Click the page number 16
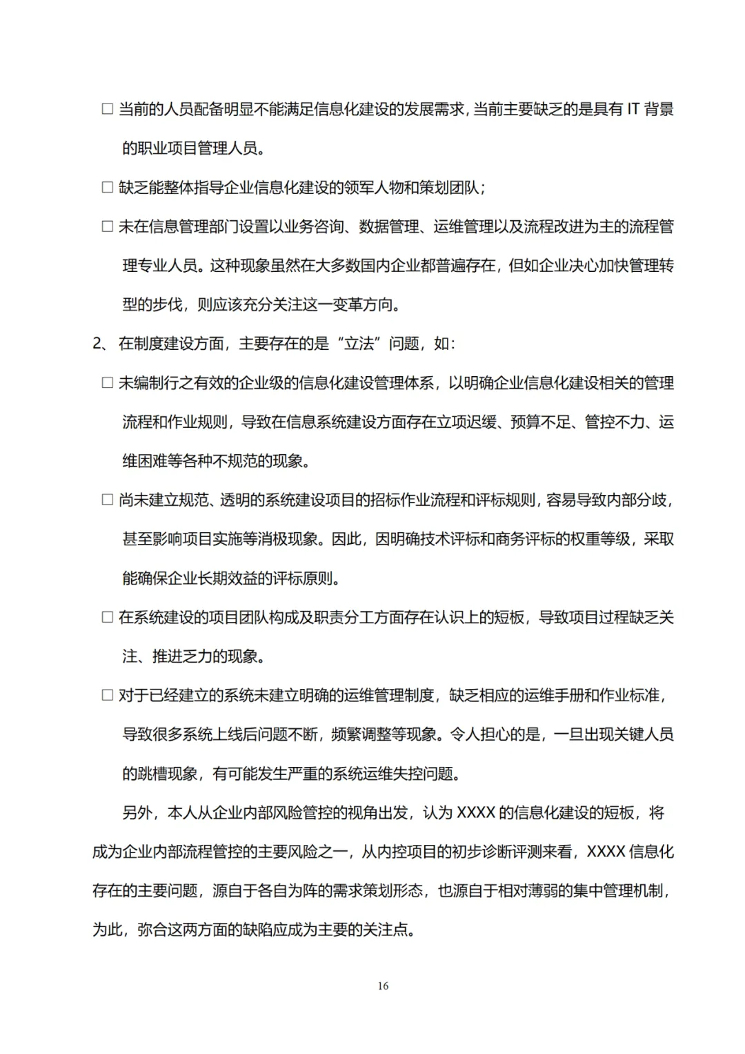click(x=383, y=986)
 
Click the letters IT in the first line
click(x=633, y=109)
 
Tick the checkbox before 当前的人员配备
click(x=108, y=109)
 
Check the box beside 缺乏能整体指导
click(x=108, y=187)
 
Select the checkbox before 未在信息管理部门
click(x=108, y=226)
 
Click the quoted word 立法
click(x=359, y=344)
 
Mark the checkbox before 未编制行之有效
click(x=108, y=383)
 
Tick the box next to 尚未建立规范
click(x=108, y=500)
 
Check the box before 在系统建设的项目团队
click(x=108, y=617)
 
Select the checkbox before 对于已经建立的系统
click(x=108, y=695)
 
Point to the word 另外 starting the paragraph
click(x=137, y=812)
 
